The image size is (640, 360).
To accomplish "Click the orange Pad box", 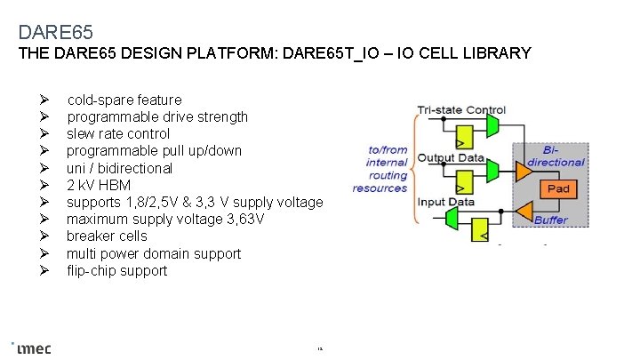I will pyautogui.click(x=557, y=188).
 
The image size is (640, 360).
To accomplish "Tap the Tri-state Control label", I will pyautogui.click(x=461, y=110).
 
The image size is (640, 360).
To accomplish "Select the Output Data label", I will pyautogui.click(x=451, y=158).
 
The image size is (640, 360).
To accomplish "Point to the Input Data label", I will pyautogui.click(x=446, y=202).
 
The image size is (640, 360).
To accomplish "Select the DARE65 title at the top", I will pyautogui.click(x=55, y=33).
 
